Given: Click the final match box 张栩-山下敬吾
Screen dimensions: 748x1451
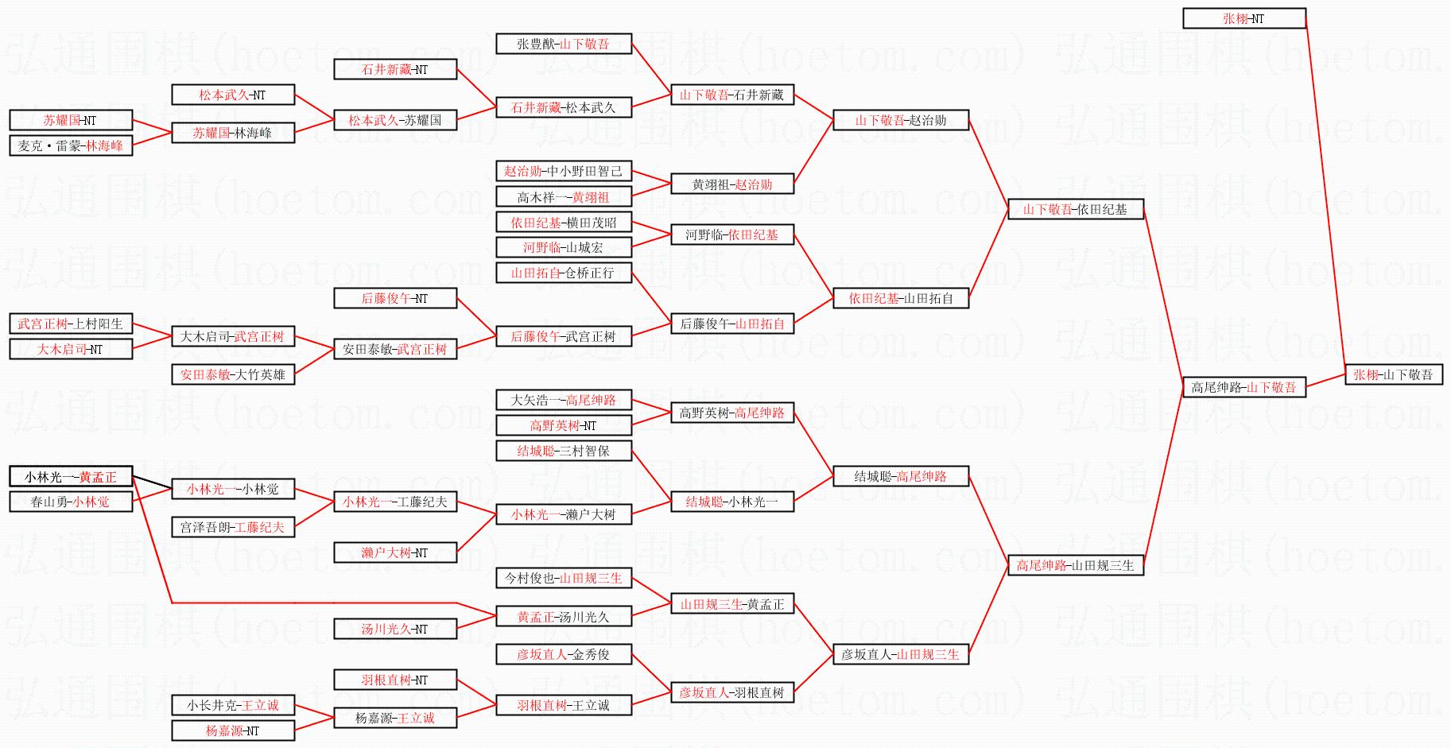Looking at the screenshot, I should (1393, 375).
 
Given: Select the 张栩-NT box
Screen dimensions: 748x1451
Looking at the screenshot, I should (1244, 18).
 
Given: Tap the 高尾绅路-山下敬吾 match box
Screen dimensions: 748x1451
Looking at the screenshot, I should (1244, 388).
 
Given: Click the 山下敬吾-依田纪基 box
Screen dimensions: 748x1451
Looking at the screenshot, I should (1075, 210).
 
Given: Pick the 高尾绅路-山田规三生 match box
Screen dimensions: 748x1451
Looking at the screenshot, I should (1075, 566).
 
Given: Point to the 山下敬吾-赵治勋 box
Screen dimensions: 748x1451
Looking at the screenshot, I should (901, 121).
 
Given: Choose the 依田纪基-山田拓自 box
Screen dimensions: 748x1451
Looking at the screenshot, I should (901, 299).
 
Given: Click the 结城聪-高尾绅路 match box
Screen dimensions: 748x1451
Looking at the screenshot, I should (901, 477).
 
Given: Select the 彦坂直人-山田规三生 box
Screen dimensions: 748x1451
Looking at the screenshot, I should (901, 655).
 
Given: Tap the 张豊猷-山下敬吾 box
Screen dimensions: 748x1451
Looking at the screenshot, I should (564, 45).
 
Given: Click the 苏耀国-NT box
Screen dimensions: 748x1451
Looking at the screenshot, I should (71, 121).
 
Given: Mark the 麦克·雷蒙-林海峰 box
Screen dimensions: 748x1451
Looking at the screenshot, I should (71, 146).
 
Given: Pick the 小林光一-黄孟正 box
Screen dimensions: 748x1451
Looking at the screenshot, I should (71, 477).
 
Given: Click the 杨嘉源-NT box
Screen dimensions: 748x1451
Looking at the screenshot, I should (233, 731).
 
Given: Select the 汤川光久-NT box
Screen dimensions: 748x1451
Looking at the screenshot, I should (395, 630).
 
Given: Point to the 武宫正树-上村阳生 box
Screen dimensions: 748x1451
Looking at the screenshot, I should (71, 324).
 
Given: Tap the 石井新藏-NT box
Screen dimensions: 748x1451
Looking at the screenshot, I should (395, 70).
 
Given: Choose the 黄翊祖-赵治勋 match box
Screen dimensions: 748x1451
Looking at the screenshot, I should (732, 184).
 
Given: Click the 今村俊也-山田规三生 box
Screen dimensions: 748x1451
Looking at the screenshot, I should (564, 579).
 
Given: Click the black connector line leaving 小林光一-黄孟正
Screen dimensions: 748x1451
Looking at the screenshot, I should (152, 483).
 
